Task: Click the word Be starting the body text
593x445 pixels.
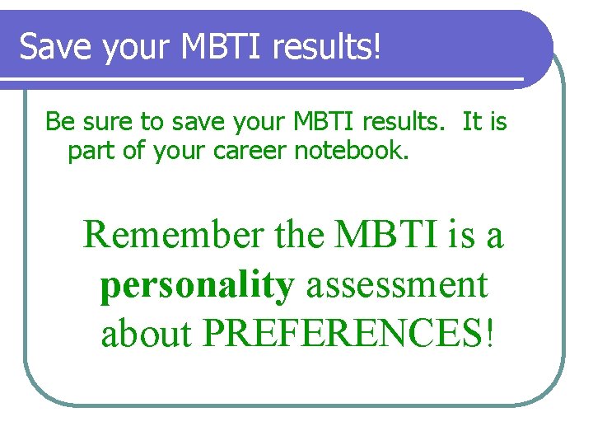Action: [58, 122]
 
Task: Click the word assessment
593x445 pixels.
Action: [397, 285]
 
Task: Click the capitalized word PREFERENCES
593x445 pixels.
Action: [343, 335]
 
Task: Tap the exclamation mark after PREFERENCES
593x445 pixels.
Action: [493, 335]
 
